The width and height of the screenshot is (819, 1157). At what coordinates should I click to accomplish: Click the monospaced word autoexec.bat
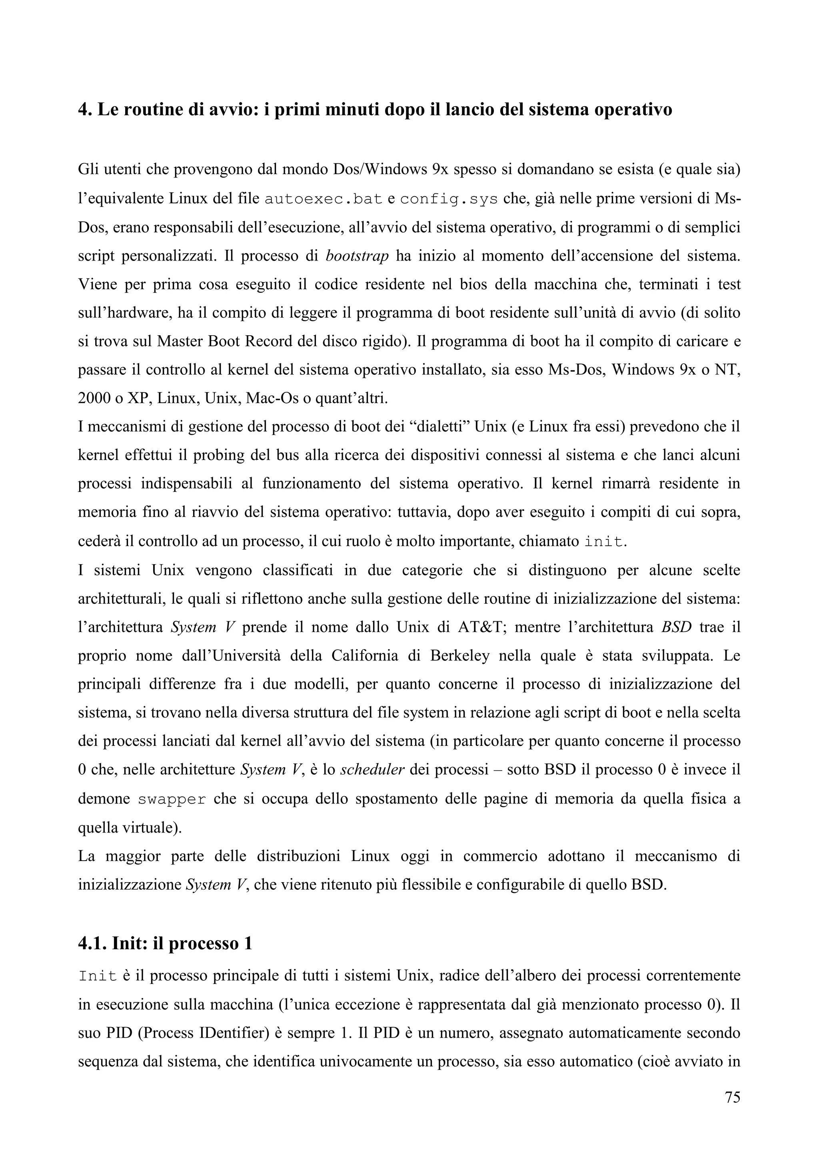click(323, 199)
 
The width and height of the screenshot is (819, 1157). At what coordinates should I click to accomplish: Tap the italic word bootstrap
click(357, 256)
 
